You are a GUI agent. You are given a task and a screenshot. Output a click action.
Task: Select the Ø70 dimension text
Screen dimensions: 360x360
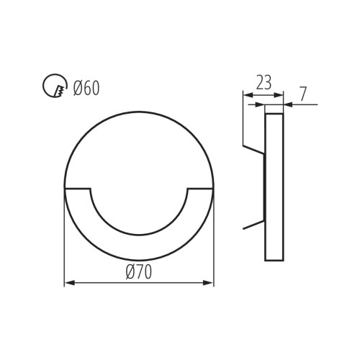pos(138,271)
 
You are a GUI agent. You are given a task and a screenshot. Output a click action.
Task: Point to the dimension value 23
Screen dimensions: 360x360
pos(263,83)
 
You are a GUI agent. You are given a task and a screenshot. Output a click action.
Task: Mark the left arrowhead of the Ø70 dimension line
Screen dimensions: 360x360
pos(68,283)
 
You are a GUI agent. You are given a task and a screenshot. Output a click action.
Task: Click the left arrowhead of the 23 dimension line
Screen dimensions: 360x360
pos(246,94)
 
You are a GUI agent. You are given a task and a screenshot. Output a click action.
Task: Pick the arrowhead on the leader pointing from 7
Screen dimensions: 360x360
pos(287,105)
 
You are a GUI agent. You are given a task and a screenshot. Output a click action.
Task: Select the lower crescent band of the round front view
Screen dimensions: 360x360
pos(139,248)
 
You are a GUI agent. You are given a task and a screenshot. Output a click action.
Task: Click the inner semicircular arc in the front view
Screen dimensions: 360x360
pos(139,234)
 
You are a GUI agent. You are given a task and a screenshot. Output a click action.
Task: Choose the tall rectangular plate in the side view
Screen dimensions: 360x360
pos(274,187)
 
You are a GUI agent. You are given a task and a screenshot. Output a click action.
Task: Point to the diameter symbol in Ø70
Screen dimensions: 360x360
pos(130,271)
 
